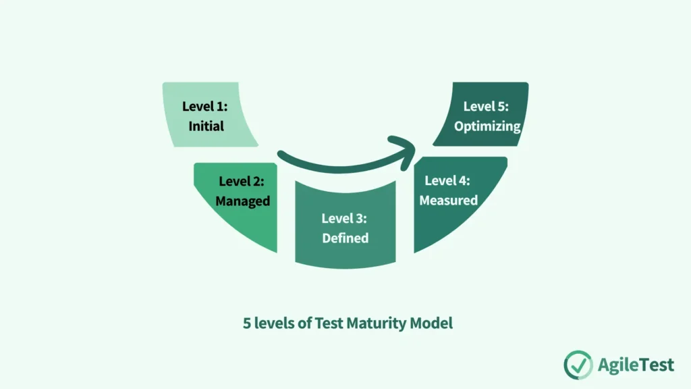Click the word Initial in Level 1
point(206,126)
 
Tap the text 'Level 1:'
point(204,106)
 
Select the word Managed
point(243,201)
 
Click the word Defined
point(345,238)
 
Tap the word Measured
point(448,201)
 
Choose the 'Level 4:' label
point(447,180)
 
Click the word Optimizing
point(487,126)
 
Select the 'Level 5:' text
point(486,106)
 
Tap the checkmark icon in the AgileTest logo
point(578,365)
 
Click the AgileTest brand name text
point(636,365)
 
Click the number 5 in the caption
point(247,323)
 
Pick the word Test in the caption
point(330,323)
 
